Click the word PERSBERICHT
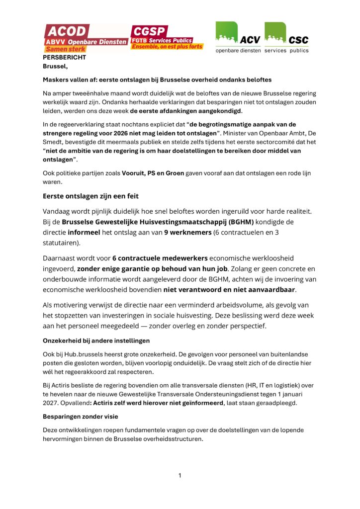pyautogui.click(x=64, y=58)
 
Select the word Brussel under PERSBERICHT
pyautogui.click(x=54, y=66)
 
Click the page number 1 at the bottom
pyautogui.click(x=180, y=476)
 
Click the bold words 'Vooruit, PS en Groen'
pyautogui.click(x=153, y=173)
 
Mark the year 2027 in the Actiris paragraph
pyautogui.click(x=51, y=403)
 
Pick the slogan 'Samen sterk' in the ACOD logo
pyautogui.click(x=66, y=49)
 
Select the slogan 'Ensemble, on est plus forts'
pyautogui.click(x=167, y=47)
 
